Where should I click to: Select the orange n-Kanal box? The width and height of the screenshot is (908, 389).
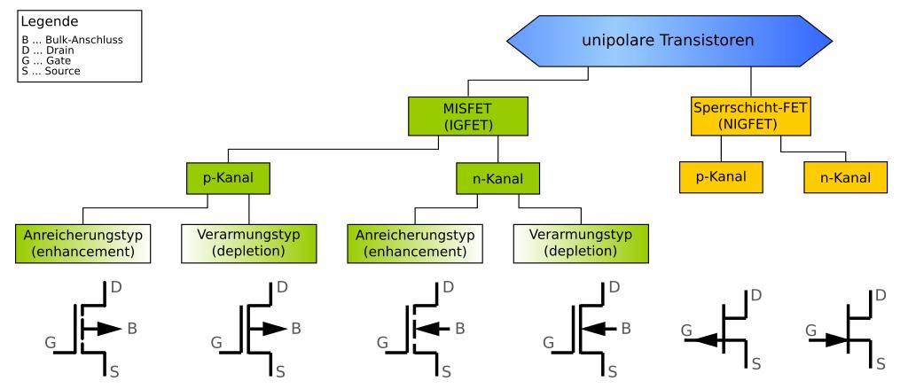(845, 177)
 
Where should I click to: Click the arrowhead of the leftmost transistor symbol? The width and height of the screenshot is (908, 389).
(109, 328)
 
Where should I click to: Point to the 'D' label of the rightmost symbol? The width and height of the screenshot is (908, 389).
(881, 293)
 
